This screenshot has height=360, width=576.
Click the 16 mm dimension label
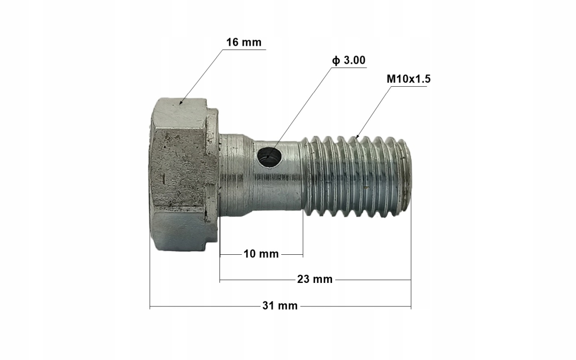243,42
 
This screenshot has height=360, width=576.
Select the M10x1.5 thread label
408,79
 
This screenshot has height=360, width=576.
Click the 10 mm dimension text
261,254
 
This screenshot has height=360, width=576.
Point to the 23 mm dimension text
315,279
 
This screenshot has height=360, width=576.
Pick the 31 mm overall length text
280,306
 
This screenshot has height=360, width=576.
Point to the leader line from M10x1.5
374,111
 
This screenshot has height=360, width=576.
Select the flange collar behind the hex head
212,175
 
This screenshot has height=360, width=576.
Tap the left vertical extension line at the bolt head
150,277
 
